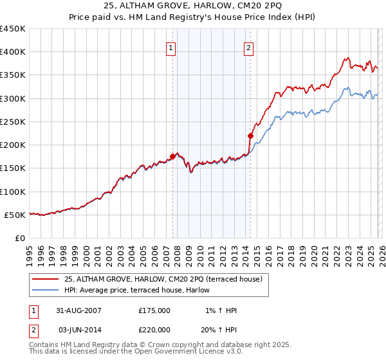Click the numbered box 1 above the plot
click(171, 47)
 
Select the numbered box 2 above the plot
click(248, 47)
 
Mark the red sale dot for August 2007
click(173, 156)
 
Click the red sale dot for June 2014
click(250, 136)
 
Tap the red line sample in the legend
click(46, 279)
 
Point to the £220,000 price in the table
click(154, 328)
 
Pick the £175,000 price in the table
click(154, 310)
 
